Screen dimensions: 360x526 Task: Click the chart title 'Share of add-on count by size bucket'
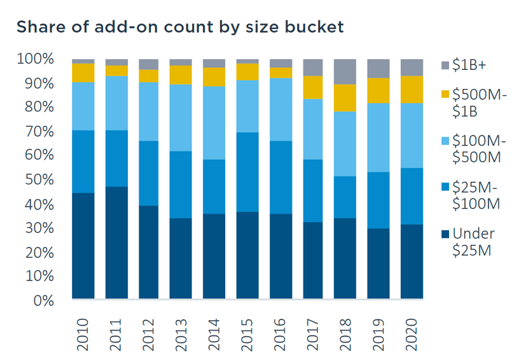[x=180, y=27]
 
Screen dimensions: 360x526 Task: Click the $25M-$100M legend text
[x=476, y=195]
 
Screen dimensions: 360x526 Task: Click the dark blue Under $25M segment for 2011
[x=116, y=242]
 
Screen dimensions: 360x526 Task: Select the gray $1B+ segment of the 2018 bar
[x=346, y=71]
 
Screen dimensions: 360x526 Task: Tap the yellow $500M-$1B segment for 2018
[x=346, y=98]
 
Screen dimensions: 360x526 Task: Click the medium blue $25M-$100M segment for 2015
[x=247, y=172]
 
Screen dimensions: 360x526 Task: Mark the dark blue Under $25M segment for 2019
[x=378, y=263]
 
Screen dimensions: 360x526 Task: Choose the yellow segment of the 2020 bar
[x=412, y=89]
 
